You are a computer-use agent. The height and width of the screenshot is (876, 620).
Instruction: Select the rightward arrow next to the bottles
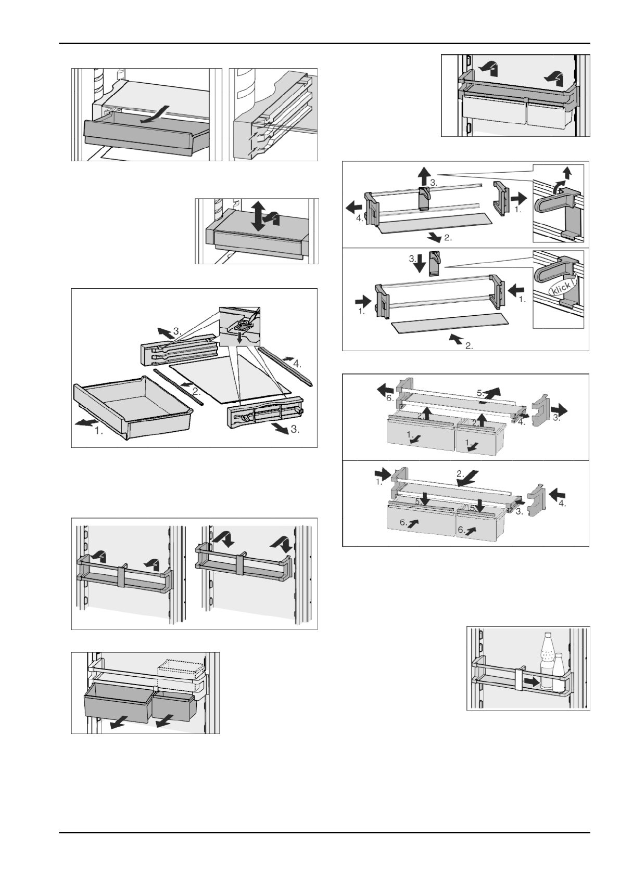tap(531, 680)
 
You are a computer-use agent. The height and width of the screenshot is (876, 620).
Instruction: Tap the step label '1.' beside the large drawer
tap(98, 431)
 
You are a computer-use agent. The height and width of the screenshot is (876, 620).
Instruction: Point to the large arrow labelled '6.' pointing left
tap(386, 389)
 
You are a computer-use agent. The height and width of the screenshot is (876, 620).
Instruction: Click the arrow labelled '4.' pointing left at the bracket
tap(354, 207)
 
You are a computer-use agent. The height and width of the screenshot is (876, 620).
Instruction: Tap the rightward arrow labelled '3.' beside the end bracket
tap(560, 411)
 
